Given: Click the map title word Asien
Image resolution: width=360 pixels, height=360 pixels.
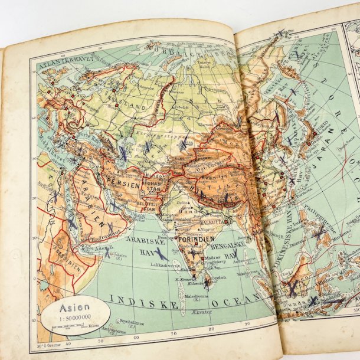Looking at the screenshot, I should coord(71,307).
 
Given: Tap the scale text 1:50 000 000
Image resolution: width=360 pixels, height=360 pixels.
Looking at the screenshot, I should coord(72,319).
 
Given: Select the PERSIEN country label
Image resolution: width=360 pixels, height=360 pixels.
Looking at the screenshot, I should coord(123,184).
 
